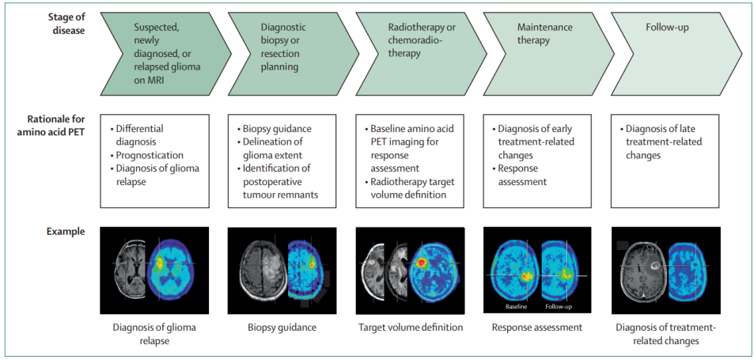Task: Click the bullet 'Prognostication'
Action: click(x=150, y=156)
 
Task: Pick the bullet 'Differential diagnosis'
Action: click(x=141, y=135)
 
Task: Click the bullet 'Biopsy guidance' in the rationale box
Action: click(x=277, y=128)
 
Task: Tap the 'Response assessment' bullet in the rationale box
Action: click(x=522, y=175)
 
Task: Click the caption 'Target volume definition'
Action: click(x=410, y=327)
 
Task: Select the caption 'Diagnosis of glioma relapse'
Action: click(x=154, y=334)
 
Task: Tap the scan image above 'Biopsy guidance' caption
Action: click(x=282, y=271)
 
